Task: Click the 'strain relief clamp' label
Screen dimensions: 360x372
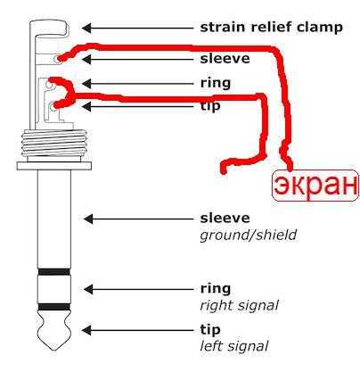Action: (x=272, y=28)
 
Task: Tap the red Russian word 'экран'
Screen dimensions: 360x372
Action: (x=315, y=186)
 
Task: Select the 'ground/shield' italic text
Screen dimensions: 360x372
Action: (x=249, y=236)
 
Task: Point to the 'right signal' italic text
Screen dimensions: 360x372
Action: (x=240, y=305)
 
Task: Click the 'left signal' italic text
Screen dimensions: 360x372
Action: (x=234, y=346)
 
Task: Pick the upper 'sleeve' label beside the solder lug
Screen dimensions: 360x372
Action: (x=225, y=59)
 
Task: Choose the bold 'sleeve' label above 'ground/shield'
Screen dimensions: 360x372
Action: (x=225, y=218)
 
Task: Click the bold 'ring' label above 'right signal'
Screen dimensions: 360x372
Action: (x=216, y=289)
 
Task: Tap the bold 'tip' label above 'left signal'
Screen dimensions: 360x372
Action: (x=210, y=330)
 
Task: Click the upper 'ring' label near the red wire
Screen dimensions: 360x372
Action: (x=216, y=83)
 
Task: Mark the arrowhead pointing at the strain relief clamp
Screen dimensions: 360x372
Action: (x=86, y=28)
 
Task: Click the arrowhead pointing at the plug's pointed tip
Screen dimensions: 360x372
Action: (x=86, y=330)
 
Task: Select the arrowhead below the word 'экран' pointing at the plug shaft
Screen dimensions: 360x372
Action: (x=88, y=219)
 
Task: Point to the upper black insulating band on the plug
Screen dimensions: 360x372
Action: (x=54, y=271)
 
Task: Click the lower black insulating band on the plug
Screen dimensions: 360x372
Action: (x=54, y=307)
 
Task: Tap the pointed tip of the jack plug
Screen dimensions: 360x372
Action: (x=54, y=350)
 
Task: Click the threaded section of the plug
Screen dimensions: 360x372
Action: (x=53, y=143)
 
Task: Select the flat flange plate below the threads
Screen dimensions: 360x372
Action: (x=53, y=166)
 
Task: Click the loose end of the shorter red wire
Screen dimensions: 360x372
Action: (x=224, y=170)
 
